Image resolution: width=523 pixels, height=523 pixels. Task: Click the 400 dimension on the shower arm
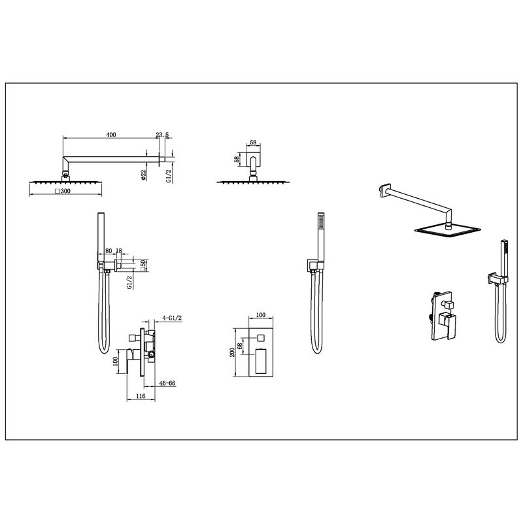(x=111, y=135)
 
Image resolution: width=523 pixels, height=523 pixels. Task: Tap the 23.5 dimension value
(x=162, y=135)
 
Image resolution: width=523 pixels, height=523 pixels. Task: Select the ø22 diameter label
(x=143, y=175)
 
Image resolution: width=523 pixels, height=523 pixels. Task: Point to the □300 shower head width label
(x=63, y=192)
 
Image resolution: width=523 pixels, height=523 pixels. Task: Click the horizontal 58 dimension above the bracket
(x=253, y=143)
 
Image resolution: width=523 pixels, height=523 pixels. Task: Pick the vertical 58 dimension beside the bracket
(x=237, y=159)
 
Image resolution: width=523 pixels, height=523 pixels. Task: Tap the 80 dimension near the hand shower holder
(x=109, y=251)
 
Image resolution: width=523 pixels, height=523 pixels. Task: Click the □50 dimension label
(x=143, y=265)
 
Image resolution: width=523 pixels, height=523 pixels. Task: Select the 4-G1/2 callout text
(x=172, y=318)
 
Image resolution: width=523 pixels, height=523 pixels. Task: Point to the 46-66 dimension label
(x=167, y=383)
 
